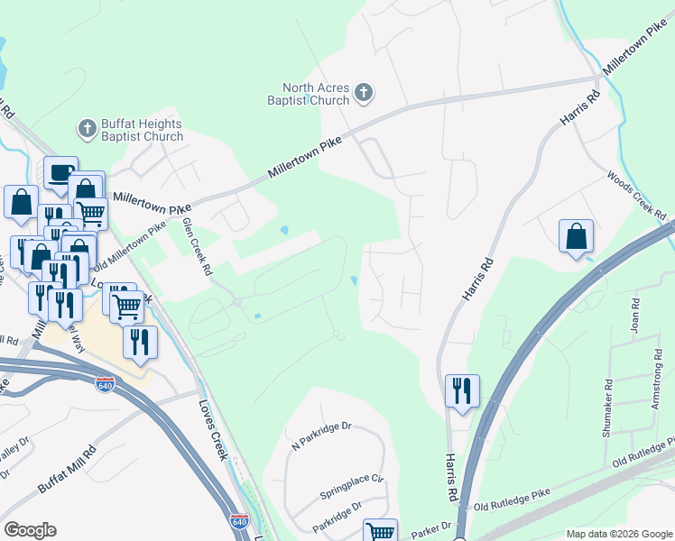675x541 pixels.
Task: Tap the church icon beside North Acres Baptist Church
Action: [364, 92]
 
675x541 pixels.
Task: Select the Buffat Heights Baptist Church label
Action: [142, 131]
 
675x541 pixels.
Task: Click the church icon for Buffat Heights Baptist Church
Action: [88, 129]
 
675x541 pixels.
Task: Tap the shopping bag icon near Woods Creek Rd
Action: [576, 236]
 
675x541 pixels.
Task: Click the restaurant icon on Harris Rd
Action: [461, 391]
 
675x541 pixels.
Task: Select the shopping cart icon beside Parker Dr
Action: [380, 532]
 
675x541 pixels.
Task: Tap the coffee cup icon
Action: [60, 172]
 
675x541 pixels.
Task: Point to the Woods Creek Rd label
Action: [636, 196]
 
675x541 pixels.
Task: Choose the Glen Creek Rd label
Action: [197, 245]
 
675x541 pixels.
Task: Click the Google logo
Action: [30, 530]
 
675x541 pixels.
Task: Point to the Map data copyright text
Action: [618, 534]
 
